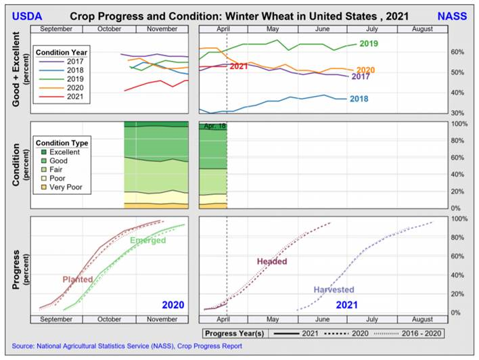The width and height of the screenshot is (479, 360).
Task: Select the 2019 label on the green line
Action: tap(369, 44)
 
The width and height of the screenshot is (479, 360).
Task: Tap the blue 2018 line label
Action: tap(359, 99)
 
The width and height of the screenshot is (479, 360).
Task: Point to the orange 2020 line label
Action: tap(365, 70)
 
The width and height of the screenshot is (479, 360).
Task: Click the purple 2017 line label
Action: tap(361, 76)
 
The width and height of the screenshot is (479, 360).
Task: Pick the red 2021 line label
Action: tap(239, 66)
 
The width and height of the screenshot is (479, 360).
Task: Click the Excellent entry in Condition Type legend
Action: tap(65, 152)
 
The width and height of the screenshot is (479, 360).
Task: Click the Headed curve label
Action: tap(272, 261)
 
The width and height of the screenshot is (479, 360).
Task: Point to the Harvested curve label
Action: tap(334, 290)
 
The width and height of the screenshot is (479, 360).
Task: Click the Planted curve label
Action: tap(78, 279)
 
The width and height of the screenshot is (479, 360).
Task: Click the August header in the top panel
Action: tap(421, 30)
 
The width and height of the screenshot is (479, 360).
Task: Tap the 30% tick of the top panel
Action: tap(457, 113)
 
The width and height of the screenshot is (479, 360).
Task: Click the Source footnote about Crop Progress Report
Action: tap(127, 346)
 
